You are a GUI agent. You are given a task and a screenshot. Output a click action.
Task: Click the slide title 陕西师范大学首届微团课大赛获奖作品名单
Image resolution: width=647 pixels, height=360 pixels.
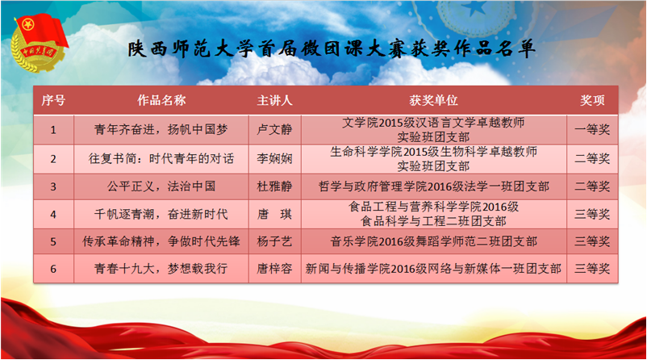click(x=332, y=49)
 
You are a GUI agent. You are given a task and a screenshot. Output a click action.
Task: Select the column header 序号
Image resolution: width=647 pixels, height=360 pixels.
click(x=53, y=100)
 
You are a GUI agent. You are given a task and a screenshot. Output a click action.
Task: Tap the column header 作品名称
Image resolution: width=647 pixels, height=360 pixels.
click(x=161, y=100)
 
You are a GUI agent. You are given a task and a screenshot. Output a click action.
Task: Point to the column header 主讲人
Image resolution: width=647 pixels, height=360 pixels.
click(x=274, y=100)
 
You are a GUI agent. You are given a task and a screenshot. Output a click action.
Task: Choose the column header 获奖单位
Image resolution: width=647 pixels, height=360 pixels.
click(x=434, y=100)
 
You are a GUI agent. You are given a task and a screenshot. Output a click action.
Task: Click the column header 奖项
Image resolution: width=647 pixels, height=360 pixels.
click(x=592, y=100)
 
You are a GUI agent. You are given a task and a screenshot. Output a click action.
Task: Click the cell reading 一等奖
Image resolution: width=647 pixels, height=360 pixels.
click(x=592, y=130)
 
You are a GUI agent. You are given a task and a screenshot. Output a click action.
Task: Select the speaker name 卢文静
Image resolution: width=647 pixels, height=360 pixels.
click(x=274, y=130)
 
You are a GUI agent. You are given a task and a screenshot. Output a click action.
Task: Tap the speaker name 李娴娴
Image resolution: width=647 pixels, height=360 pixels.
click(x=274, y=158)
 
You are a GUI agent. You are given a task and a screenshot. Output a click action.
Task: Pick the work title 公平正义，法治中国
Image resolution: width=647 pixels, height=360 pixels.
click(x=161, y=186)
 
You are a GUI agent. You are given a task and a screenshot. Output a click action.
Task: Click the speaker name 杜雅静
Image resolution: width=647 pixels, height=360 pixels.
click(x=274, y=186)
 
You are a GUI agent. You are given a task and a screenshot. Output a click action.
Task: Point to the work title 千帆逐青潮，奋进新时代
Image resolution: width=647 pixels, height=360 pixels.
click(x=161, y=214)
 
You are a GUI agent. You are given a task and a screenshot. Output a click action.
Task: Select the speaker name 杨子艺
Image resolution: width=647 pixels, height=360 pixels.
click(x=274, y=241)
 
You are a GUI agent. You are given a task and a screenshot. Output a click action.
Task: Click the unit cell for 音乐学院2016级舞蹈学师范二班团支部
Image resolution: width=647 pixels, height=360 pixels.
click(x=434, y=241)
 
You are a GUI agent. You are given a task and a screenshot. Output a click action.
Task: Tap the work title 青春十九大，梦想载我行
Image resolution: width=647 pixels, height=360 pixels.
click(x=161, y=269)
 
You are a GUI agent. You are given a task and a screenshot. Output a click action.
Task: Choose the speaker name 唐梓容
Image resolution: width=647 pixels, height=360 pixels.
click(x=274, y=269)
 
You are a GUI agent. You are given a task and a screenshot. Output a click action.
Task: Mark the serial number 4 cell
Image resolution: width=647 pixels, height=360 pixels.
click(x=53, y=215)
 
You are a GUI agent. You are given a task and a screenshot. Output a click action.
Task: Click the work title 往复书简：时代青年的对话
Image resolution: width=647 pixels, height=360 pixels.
click(x=161, y=158)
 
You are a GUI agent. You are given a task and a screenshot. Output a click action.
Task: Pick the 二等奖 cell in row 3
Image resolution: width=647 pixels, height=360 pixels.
click(x=592, y=186)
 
